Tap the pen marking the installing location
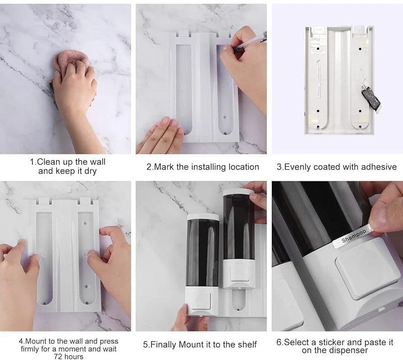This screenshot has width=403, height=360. tap(250, 43)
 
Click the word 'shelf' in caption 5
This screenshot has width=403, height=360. tap(246, 345)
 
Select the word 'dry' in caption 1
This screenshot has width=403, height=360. tap(90, 171)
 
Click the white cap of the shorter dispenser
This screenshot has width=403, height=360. tap(203, 217)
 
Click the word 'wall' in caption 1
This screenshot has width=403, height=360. tap(96, 162)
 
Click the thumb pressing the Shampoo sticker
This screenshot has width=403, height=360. tap(385, 212)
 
